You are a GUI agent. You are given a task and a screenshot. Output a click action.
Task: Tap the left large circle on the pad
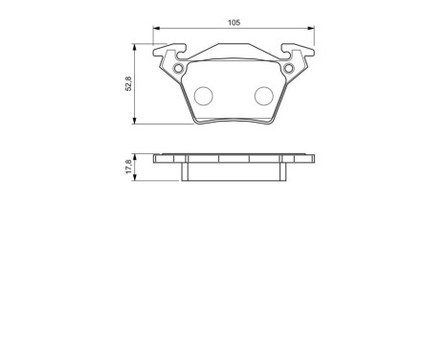coord(203,96)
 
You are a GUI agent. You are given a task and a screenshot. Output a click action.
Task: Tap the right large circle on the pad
coord(264,96)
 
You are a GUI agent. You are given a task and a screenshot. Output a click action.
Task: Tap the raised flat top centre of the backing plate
coord(233,49)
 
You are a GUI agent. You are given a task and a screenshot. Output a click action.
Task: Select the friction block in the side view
coord(233,170)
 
